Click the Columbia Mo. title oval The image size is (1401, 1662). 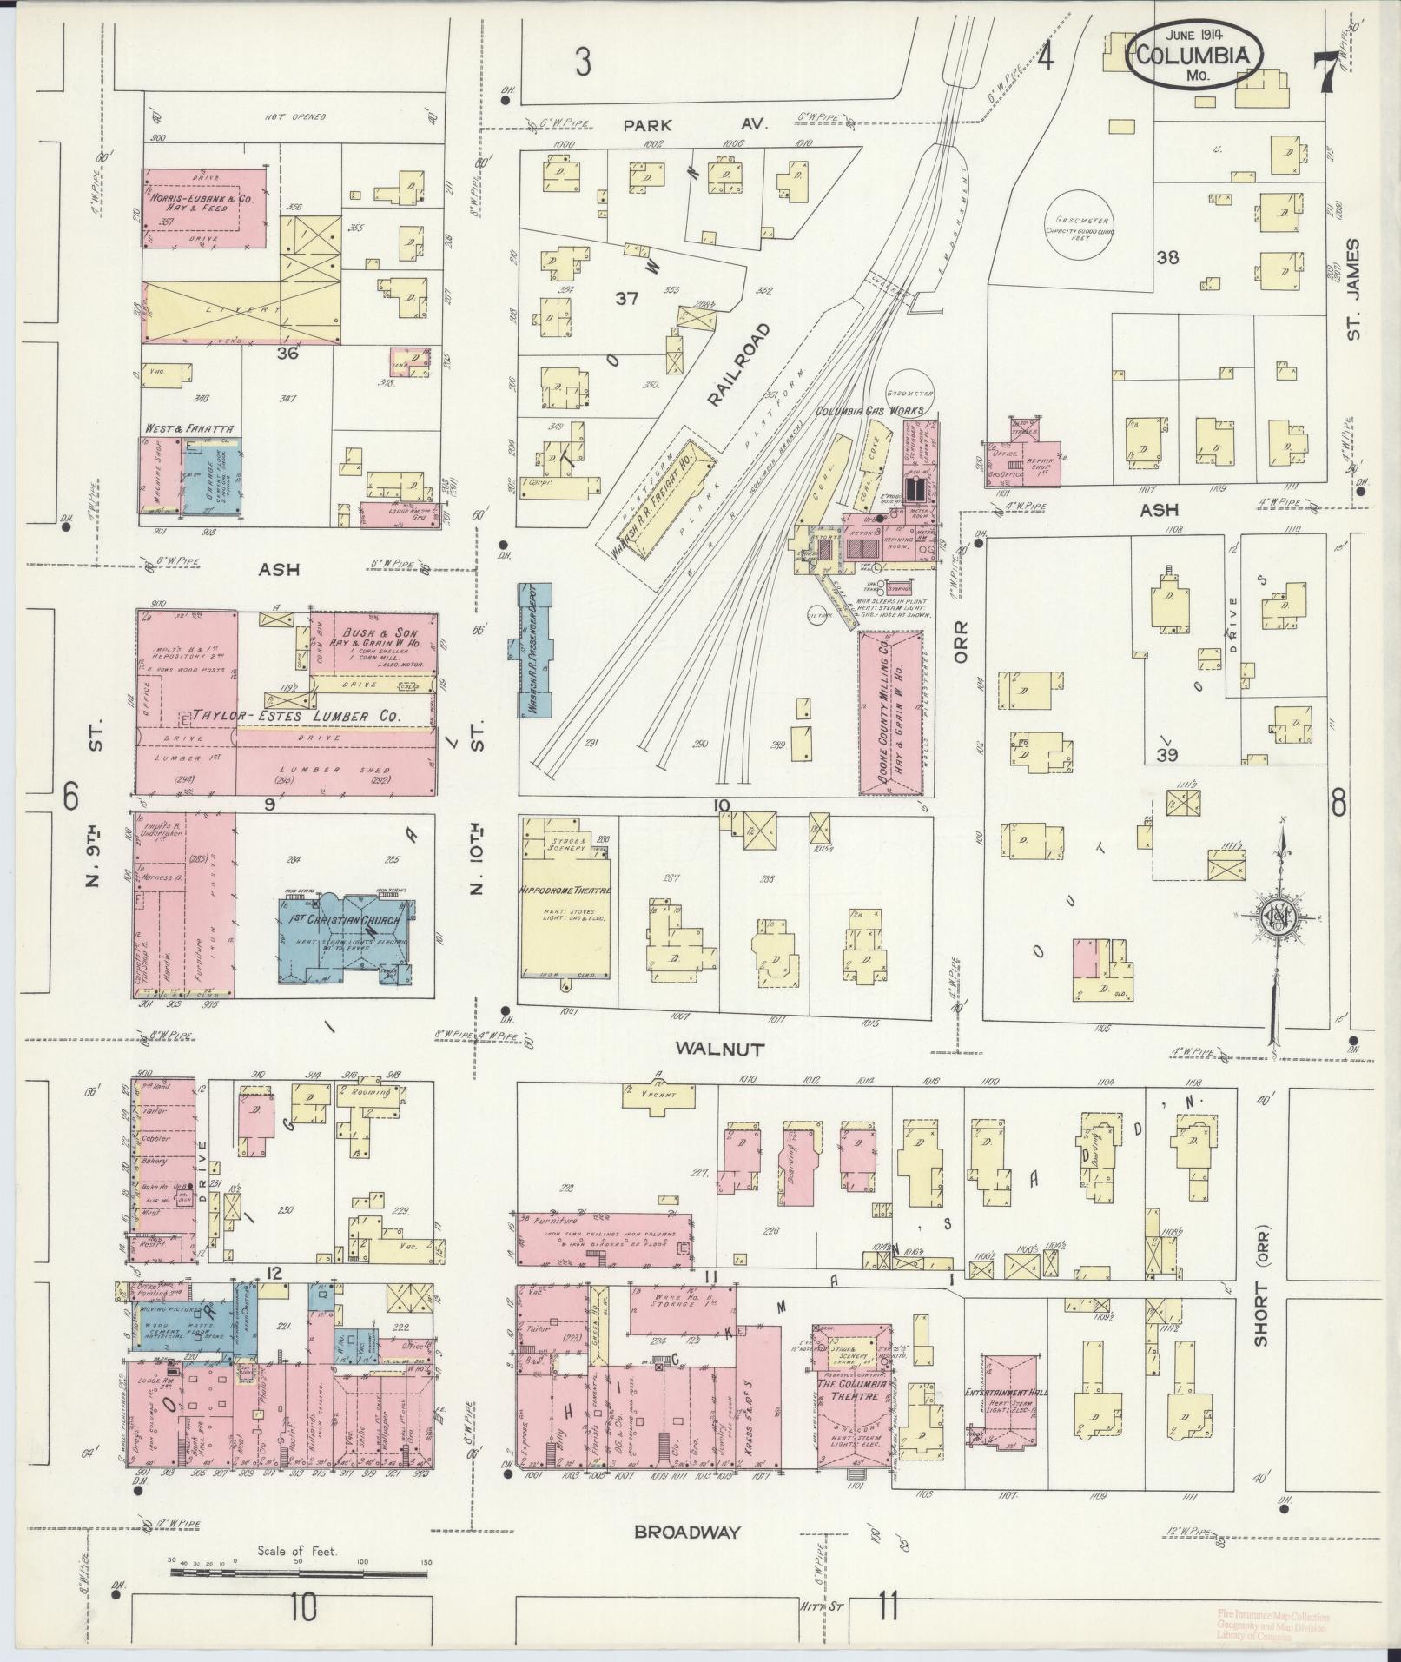pyautogui.click(x=1196, y=55)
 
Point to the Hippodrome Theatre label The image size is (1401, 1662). pyautogui.click(x=565, y=891)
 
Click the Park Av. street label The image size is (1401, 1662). pyautogui.click(x=695, y=124)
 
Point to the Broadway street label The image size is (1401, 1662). pyautogui.click(x=687, y=1532)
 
